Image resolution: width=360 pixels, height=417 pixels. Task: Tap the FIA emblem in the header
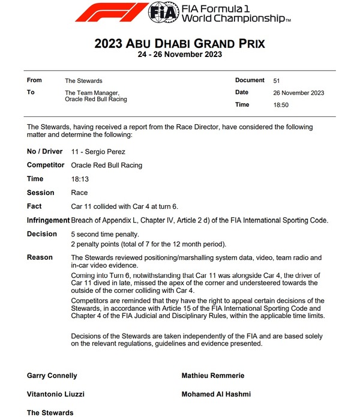[x=163, y=12]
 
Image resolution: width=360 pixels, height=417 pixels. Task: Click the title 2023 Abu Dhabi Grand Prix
[x=179, y=44]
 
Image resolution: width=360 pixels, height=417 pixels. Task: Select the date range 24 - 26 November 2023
[x=180, y=55]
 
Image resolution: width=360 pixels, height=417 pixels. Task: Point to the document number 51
[x=277, y=80]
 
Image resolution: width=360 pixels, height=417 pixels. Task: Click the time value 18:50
[x=281, y=105]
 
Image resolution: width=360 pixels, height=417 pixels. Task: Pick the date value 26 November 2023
[x=298, y=93]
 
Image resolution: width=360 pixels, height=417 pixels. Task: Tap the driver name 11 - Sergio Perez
[x=98, y=152]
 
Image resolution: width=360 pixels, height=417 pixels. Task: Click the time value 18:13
[x=79, y=179]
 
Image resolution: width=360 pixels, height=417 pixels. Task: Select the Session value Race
[x=79, y=193]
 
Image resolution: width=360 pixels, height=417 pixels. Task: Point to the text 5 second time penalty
[x=105, y=234]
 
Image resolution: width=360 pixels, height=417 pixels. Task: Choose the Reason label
[x=40, y=257]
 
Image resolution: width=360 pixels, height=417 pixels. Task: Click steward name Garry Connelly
[x=52, y=376]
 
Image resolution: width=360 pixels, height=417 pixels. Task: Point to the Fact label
[x=34, y=206]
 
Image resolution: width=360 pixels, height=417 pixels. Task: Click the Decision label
[x=42, y=234]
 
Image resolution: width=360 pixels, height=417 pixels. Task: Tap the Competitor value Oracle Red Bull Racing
[x=107, y=165]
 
